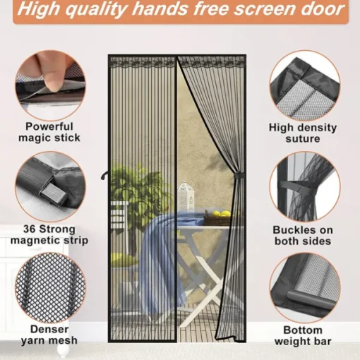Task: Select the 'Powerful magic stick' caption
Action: [49, 132]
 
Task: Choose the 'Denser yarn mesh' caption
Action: [49, 335]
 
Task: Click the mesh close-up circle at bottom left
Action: [50, 288]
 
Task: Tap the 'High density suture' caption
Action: [303, 133]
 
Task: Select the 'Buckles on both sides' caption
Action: [303, 235]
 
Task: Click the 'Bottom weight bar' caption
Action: [303, 335]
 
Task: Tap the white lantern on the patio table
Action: [186, 197]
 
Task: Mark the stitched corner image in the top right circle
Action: [305, 85]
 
